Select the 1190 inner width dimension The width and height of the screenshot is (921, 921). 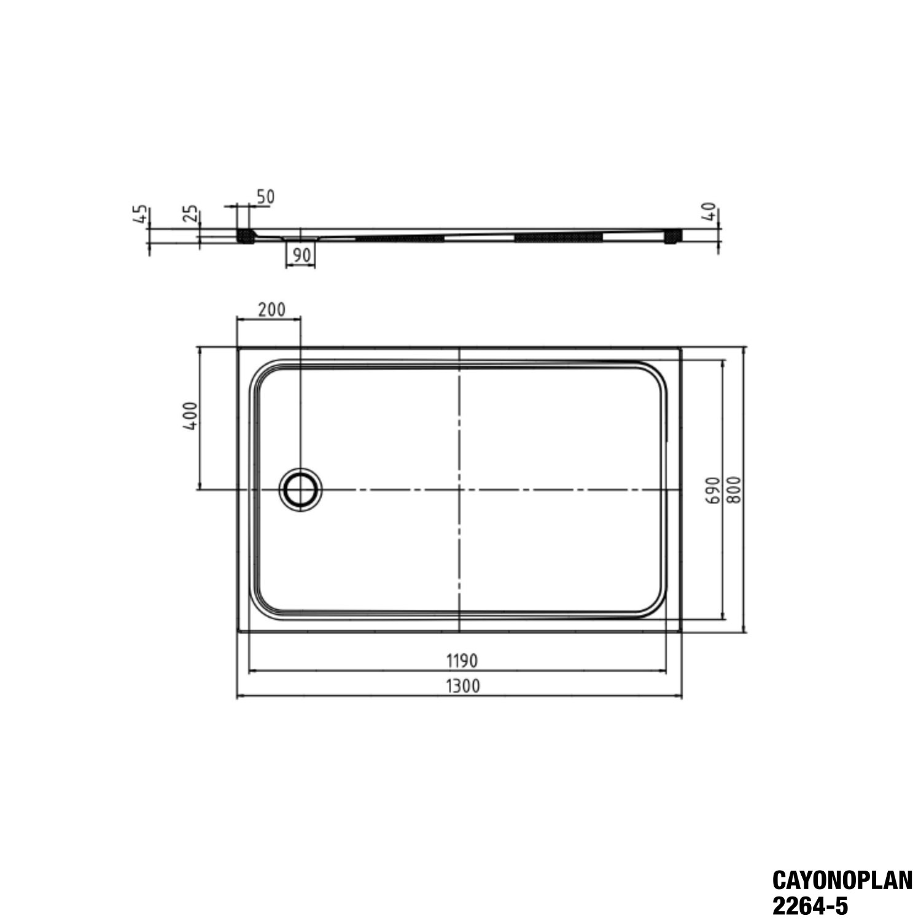point(461,661)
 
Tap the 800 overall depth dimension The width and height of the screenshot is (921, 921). point(735,489)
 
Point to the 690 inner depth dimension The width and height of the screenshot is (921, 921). point(712,489)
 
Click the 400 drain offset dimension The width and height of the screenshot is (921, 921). point(190,416)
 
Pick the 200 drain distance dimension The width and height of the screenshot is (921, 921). point(271,309)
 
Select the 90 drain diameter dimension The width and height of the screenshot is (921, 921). point(300,254)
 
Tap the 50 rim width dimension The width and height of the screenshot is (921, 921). point(265,197)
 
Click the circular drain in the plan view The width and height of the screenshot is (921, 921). point(300,489)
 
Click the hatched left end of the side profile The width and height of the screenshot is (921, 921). point(245,236)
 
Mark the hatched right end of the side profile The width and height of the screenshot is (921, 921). point(674,236)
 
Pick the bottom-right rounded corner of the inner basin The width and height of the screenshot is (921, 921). point(655,608)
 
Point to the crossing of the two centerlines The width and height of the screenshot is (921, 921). point(460,489)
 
